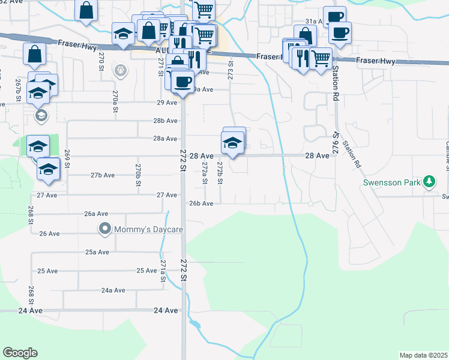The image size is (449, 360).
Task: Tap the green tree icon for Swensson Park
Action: (429, 181)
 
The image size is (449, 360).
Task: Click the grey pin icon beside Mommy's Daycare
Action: (105, 229)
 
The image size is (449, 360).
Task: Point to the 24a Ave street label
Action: (113, 290)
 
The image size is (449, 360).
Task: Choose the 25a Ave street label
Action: (97, 252)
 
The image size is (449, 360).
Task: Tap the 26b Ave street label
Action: (201, 203)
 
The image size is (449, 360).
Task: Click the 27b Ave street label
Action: (103, 175)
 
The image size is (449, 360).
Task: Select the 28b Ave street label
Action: (165, 121)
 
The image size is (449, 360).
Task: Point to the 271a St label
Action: (163, 271)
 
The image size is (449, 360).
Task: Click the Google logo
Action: (20, 353)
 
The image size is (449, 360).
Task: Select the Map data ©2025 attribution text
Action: (423, 355)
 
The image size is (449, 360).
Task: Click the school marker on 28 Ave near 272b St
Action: (232, 143)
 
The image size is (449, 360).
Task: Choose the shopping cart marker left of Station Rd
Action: (321, 59)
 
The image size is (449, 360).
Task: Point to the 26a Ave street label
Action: (96, 214)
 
